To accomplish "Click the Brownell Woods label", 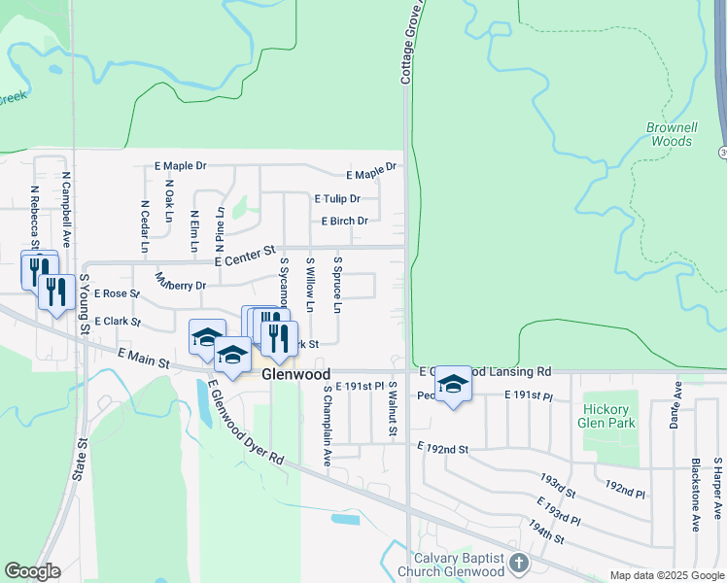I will (x=671, y=134).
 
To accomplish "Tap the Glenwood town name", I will (x=295, y=374).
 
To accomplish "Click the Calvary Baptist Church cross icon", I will (x=519, y=564).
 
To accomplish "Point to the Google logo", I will (x=32, y=571).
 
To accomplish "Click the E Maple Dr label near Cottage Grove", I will (x=370, y=172).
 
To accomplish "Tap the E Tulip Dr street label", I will (x=336, y=198).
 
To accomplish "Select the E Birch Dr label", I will (x=344, y=221).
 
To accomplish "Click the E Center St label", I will (x=246, y=257).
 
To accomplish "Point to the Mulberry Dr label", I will (x=180, y=282).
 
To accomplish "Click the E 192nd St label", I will (x=442, y=449).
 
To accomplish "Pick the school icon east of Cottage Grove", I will (x=452, y=384).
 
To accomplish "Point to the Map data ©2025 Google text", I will (x=666, y=575).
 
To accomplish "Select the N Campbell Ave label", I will (x=66, y=208).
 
